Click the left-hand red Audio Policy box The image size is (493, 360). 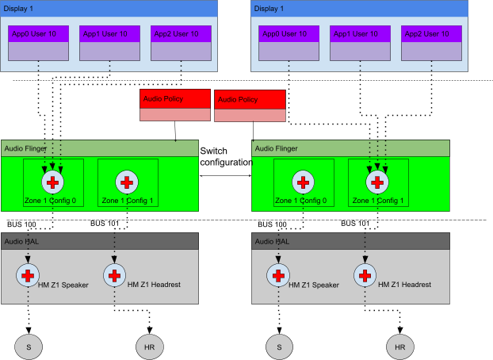175,99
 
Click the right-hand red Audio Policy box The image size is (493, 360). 250,100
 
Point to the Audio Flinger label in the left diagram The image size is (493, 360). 25,148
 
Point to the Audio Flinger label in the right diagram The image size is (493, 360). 276,148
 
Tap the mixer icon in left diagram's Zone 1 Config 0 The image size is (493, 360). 53,183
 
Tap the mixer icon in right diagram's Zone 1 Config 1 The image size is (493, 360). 377,183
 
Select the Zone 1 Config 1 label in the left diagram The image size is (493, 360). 127,201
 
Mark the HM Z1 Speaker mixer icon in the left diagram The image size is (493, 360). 28,275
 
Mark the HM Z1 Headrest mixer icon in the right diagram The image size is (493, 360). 365,275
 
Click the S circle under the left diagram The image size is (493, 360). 29,347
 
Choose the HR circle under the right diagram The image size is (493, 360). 400,347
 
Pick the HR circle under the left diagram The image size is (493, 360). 150,347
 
